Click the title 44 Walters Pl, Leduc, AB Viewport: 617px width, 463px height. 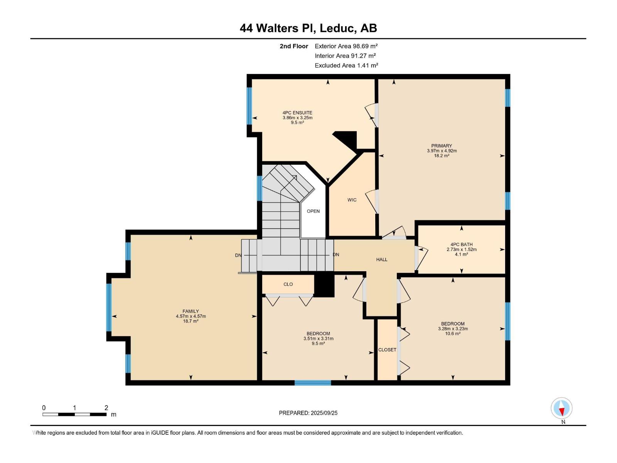click(x=308, y=28)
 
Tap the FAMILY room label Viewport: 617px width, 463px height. click(x=190, y=311)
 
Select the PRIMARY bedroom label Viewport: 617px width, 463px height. click(x=442, y=145)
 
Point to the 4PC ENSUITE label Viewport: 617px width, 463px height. click(x=297, y=113)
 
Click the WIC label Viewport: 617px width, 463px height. click(x=352, y=200)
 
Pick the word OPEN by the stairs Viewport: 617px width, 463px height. click(x=313, y=211)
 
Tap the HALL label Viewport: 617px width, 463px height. click(x=382, y=259)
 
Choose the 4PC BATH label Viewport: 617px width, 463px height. click(x=461, y=245)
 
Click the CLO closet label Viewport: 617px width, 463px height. click(x=288, y=284)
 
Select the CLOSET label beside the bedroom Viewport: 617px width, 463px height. click(x=387, y=350)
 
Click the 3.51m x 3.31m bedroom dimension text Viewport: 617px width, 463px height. click(x=318, y=338)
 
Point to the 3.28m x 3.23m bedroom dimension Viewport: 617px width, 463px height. click(x=453, y=329)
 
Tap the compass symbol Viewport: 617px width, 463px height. click(x=561, y=408)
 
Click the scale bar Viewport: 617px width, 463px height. click(x=74, y=414)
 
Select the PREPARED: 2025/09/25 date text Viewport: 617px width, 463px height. click(x=308, y=413)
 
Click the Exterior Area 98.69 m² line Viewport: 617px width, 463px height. click(x=346, y=46)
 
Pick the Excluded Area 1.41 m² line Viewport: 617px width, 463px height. click(x=346, y=66)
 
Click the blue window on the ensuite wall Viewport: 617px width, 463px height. click(x=249, y=106)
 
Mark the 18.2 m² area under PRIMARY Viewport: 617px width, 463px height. click(x=442, y=155)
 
